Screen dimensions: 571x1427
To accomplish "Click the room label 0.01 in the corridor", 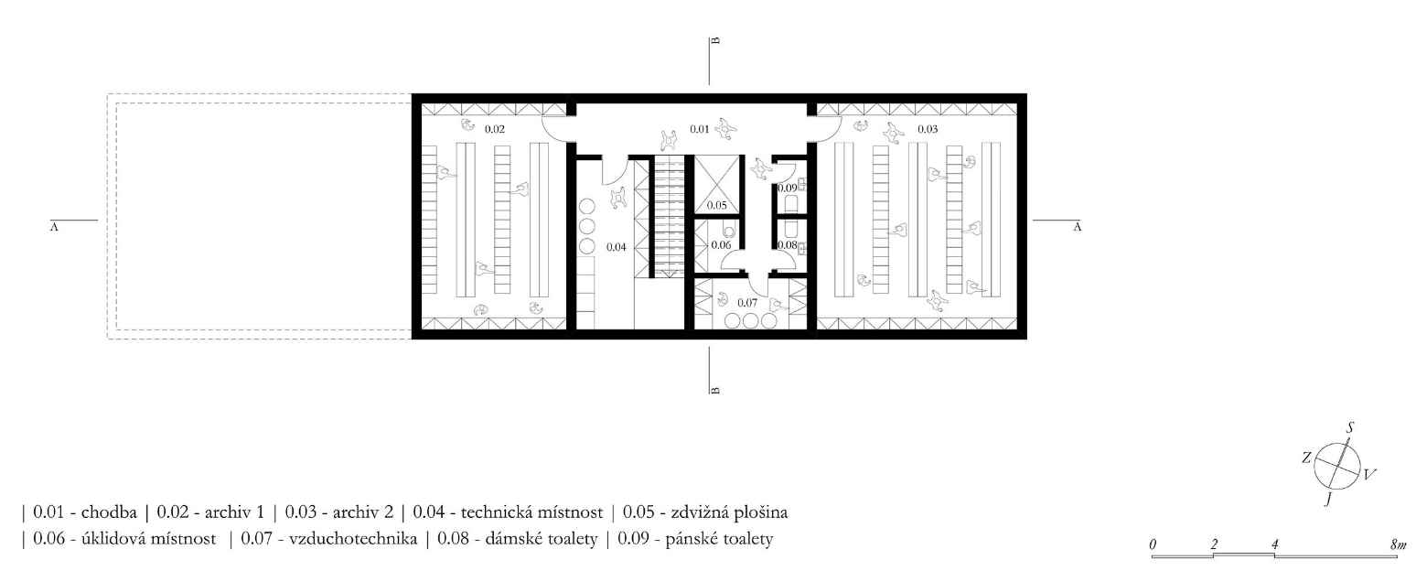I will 698,129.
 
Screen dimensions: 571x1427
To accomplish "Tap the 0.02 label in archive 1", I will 494,129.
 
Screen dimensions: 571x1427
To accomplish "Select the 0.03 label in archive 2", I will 927,129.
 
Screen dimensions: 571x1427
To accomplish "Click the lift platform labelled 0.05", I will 716,204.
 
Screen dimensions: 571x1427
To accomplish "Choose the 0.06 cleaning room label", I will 721,244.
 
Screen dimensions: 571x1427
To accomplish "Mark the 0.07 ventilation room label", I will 747,302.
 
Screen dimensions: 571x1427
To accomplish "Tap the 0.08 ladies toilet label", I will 787,244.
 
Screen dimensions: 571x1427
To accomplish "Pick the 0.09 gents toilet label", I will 787,189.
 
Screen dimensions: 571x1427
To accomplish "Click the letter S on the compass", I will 1352,427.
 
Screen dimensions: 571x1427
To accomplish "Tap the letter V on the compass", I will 1368,474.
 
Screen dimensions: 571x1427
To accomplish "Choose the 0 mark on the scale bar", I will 1153,544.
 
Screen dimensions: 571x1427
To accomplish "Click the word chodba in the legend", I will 109,511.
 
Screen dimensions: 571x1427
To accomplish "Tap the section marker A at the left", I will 54,227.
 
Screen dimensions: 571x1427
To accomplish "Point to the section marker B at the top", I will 716,40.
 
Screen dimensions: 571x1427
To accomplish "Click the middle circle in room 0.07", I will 751,321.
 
